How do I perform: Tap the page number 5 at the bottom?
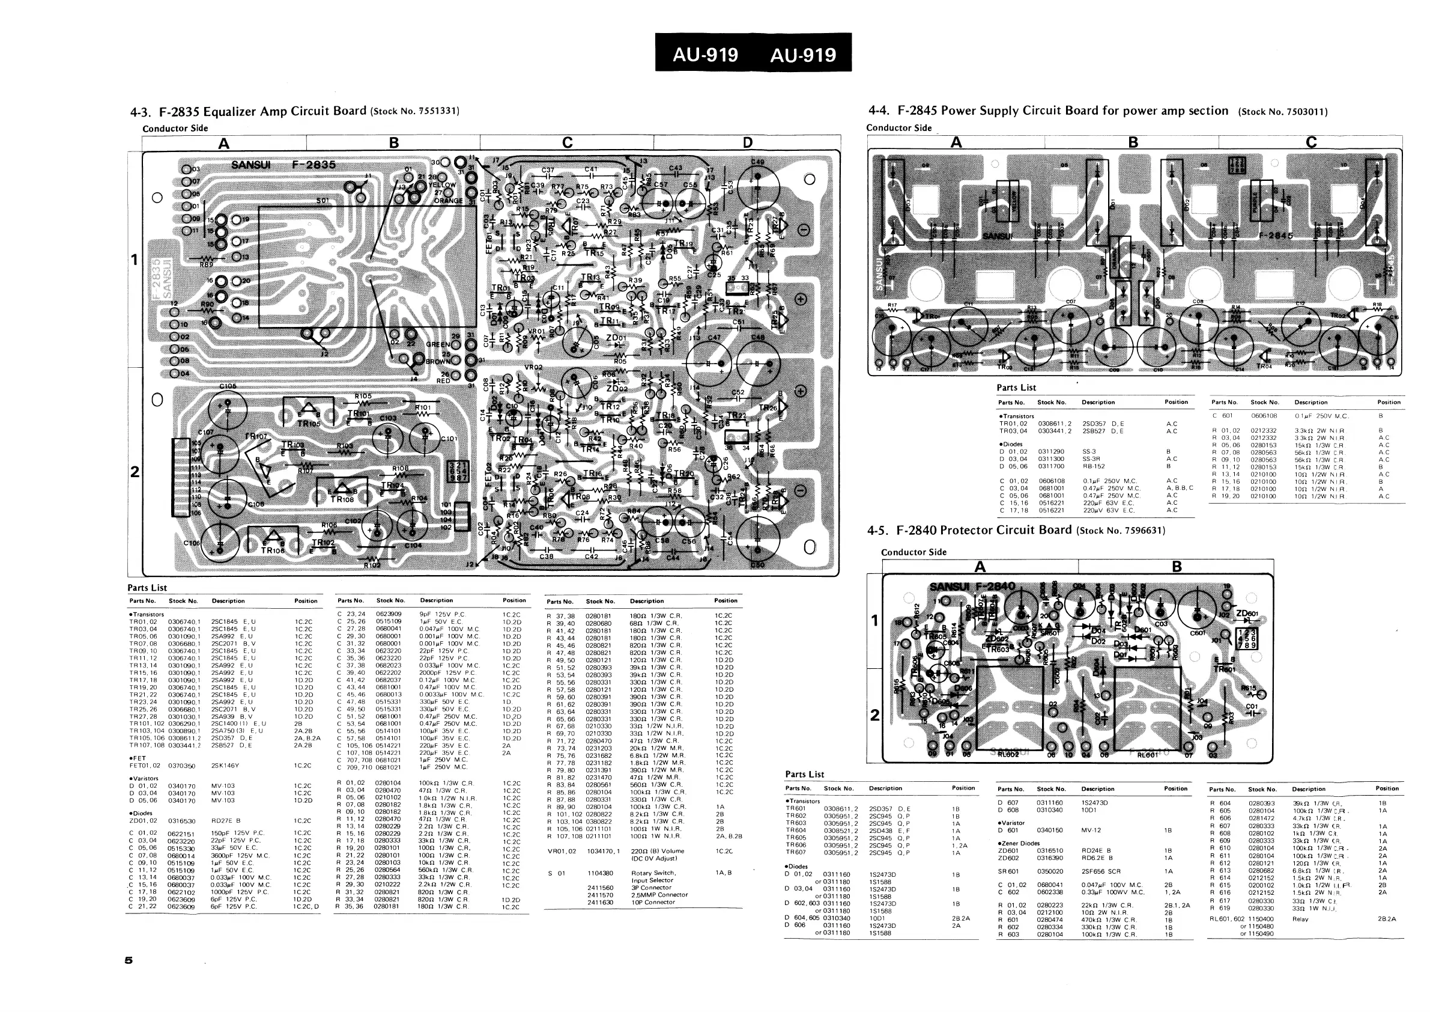tap(129, 960)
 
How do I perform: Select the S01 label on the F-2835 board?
tap(323, 201)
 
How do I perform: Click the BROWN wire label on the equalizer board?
tap(438, 361)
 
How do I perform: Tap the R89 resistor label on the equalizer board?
tap(206, 264)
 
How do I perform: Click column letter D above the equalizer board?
tap(747, 142)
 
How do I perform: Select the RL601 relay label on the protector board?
tap(1147, 755)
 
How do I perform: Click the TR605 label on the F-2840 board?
tap(935, 637)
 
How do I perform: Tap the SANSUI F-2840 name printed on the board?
tap(972, 586)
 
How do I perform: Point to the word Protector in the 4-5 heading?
tap(966, 530)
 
